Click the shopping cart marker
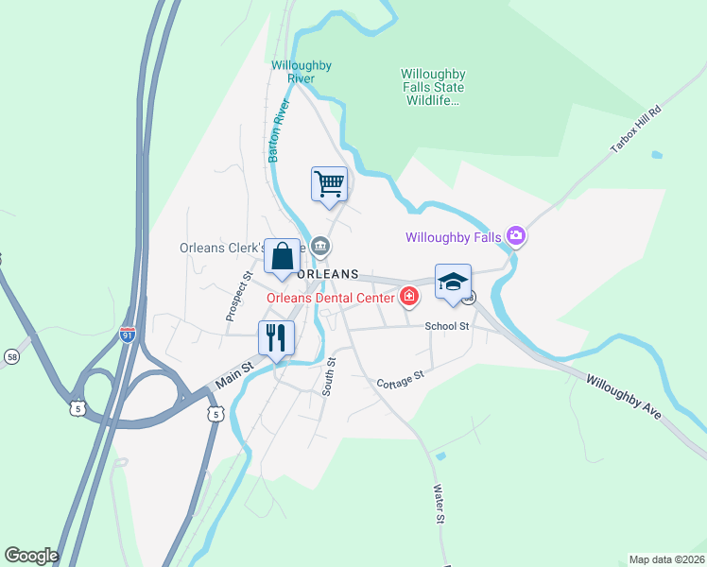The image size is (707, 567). tap(329, 183)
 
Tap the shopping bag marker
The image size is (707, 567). tap(283, 255)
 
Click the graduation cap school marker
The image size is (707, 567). tap(453, 282)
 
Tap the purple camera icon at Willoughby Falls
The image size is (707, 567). tap(515, 235)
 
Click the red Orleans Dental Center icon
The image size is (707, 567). tap(409, 298)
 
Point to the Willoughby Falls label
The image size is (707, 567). tap(454, 237)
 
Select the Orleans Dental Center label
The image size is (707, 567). tap(330, 298)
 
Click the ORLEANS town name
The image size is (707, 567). tap(328, 274)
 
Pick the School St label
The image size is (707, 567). tap(447, 326)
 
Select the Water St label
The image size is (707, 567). tap(439, 504)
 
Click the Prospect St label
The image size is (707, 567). tap(237, 298)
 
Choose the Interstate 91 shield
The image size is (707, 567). tap(129, 334)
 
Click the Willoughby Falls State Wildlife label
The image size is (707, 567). tap(432, 87)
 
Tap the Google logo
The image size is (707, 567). tap(31, 556)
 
